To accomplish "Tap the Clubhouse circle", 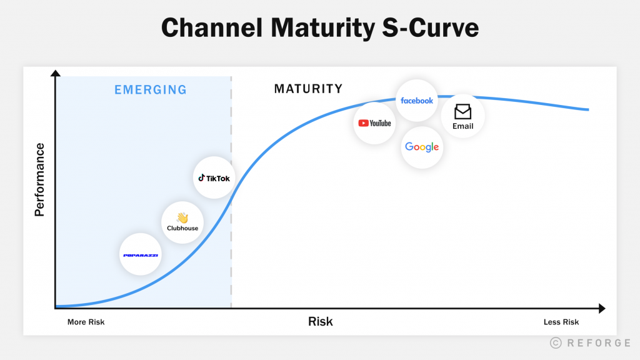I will coord(182,222).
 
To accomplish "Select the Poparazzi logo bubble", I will coord(141,255).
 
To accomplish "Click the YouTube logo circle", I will coord(374,123).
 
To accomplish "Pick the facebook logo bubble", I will coord(417,101).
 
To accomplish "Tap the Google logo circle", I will coord(422,147).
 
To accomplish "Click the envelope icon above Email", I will coord(463,112).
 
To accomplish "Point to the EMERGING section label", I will coord(151,90).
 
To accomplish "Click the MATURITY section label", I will coord(308,89).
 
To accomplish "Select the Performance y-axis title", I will coord(40,179).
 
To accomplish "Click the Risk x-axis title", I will coord(321,322).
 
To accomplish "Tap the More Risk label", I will coord(86,322).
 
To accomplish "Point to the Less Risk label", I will coord(561,322).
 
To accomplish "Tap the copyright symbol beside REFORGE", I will coord(556,342).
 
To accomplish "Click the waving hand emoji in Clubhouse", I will coord(182,217).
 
